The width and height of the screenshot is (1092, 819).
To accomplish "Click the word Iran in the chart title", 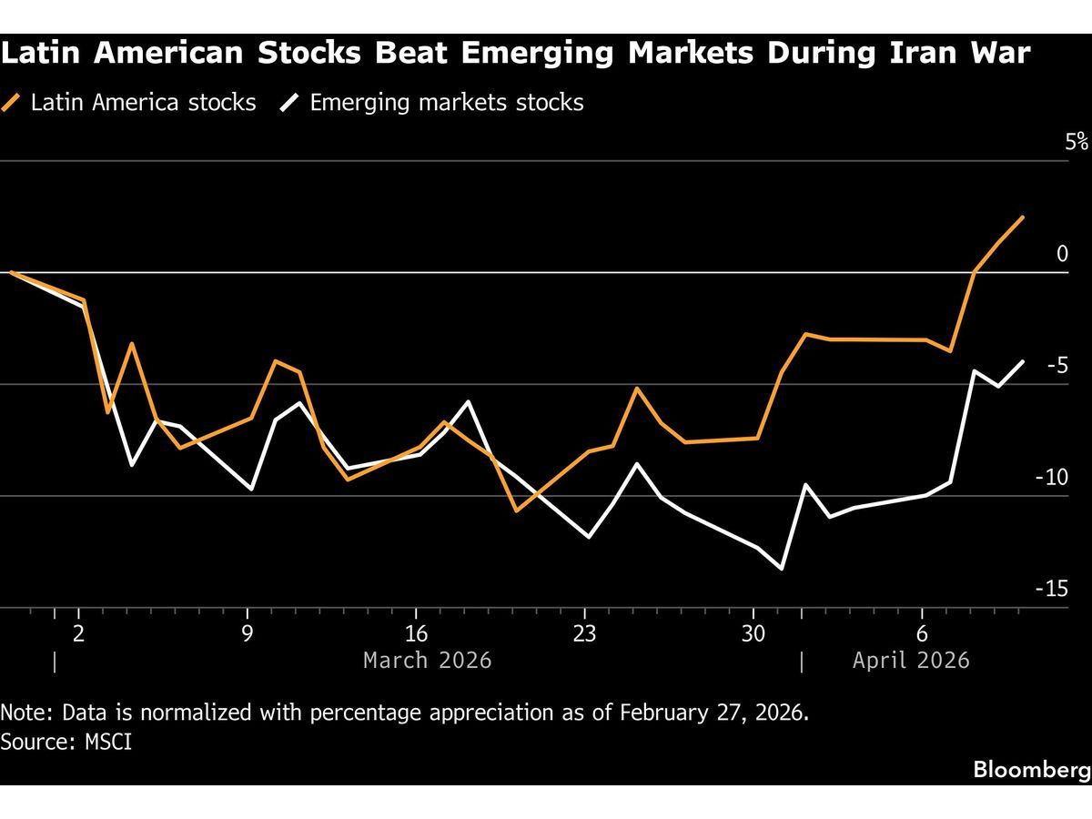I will pyautogui.click(x=927, y=53).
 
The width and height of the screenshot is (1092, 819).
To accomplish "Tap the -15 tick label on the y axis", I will pyautogui.click(x=1051, y=589).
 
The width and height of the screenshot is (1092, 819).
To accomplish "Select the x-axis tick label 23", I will pyautogui.click(x=584, y=634).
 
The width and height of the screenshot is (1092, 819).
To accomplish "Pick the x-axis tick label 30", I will pyautogui.click(x=753, y=634).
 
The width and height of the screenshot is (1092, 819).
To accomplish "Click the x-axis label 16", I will pyautogui.click(x=416, y=634).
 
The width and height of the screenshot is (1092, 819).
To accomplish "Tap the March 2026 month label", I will pyautogui.click(x=427, y=660).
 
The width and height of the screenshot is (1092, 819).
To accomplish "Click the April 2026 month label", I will pyautogui.click(x=911, y=660).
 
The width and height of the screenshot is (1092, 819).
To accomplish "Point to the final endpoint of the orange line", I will pyautogui.click(x=1023, y=217).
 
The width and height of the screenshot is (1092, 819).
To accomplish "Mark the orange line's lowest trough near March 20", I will pyautogui.click(x=517, y=511).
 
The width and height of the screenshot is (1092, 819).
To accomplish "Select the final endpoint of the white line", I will pyautogui.click(x=1023, y=361).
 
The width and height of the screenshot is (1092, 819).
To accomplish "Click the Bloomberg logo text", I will pyautogui.click(x=1031, y=770).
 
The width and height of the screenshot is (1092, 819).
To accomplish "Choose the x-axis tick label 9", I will pyautogui.click(x=248, y=634).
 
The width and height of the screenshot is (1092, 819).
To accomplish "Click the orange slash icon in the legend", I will pyautogui.click(x=14, y=102).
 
